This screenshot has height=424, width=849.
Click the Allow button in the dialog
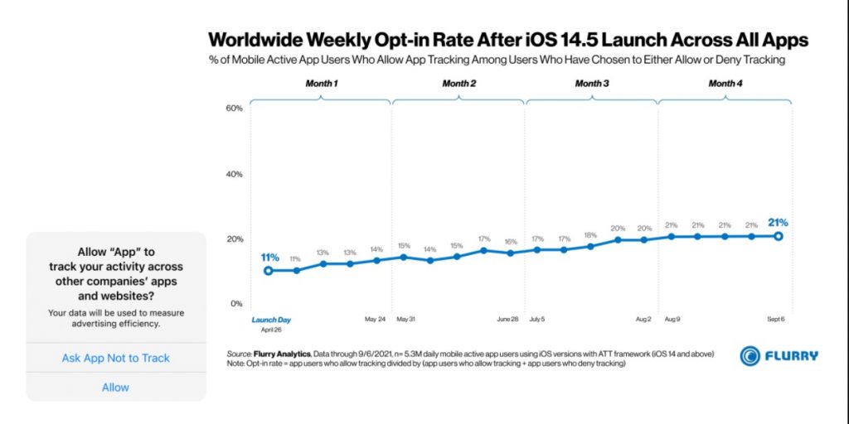(115, 387)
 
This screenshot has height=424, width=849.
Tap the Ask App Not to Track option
(115, 358)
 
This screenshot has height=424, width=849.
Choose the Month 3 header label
(592, 84)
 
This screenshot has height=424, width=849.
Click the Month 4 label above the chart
(725, 84)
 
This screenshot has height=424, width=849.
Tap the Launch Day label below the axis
(271, 320)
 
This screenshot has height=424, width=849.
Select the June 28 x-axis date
(508, 319)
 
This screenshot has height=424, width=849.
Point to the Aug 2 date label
(643, 319)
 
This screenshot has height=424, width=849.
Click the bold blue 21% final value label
(779, 222)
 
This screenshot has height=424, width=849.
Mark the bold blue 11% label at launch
(269, 257)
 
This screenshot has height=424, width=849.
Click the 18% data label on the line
(590, 235)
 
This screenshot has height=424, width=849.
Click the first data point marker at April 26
(269, 270)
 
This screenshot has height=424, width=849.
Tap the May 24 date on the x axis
(376, 319)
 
